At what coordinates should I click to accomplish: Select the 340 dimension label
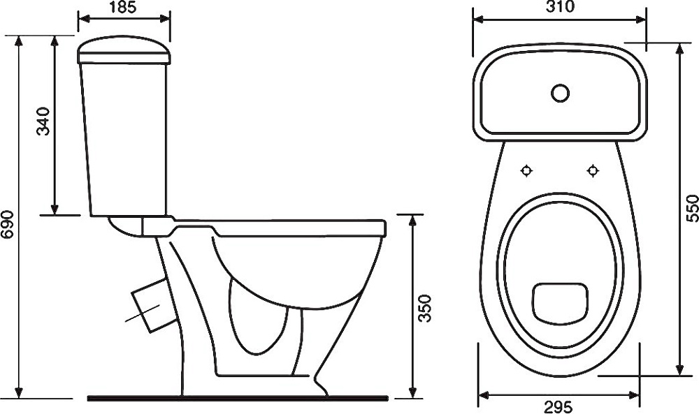[x=43, y=121]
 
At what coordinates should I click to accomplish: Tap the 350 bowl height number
[x=425, y=308]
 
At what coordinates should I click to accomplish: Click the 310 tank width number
[x=560, y=7]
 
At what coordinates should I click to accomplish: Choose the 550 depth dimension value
[x=692, y=208]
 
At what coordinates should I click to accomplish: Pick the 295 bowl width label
[x=558, y=407]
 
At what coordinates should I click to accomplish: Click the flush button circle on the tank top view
[x=560, y=93]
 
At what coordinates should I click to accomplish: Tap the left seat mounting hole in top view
[x=527, y=170]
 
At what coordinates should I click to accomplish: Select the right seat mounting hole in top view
[x=593, y=170]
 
